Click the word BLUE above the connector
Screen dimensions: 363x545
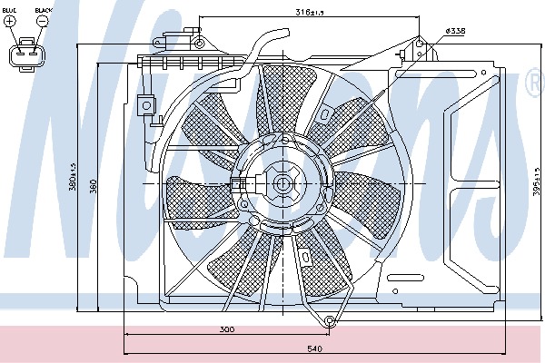10,10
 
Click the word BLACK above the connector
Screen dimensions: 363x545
43,10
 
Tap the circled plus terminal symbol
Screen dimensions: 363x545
10,21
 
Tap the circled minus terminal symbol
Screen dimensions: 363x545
43,21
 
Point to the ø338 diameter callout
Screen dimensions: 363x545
456,31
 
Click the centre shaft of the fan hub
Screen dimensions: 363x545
282,185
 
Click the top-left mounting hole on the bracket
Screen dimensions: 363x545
199,43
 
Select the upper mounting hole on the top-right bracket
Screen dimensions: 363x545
419,41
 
